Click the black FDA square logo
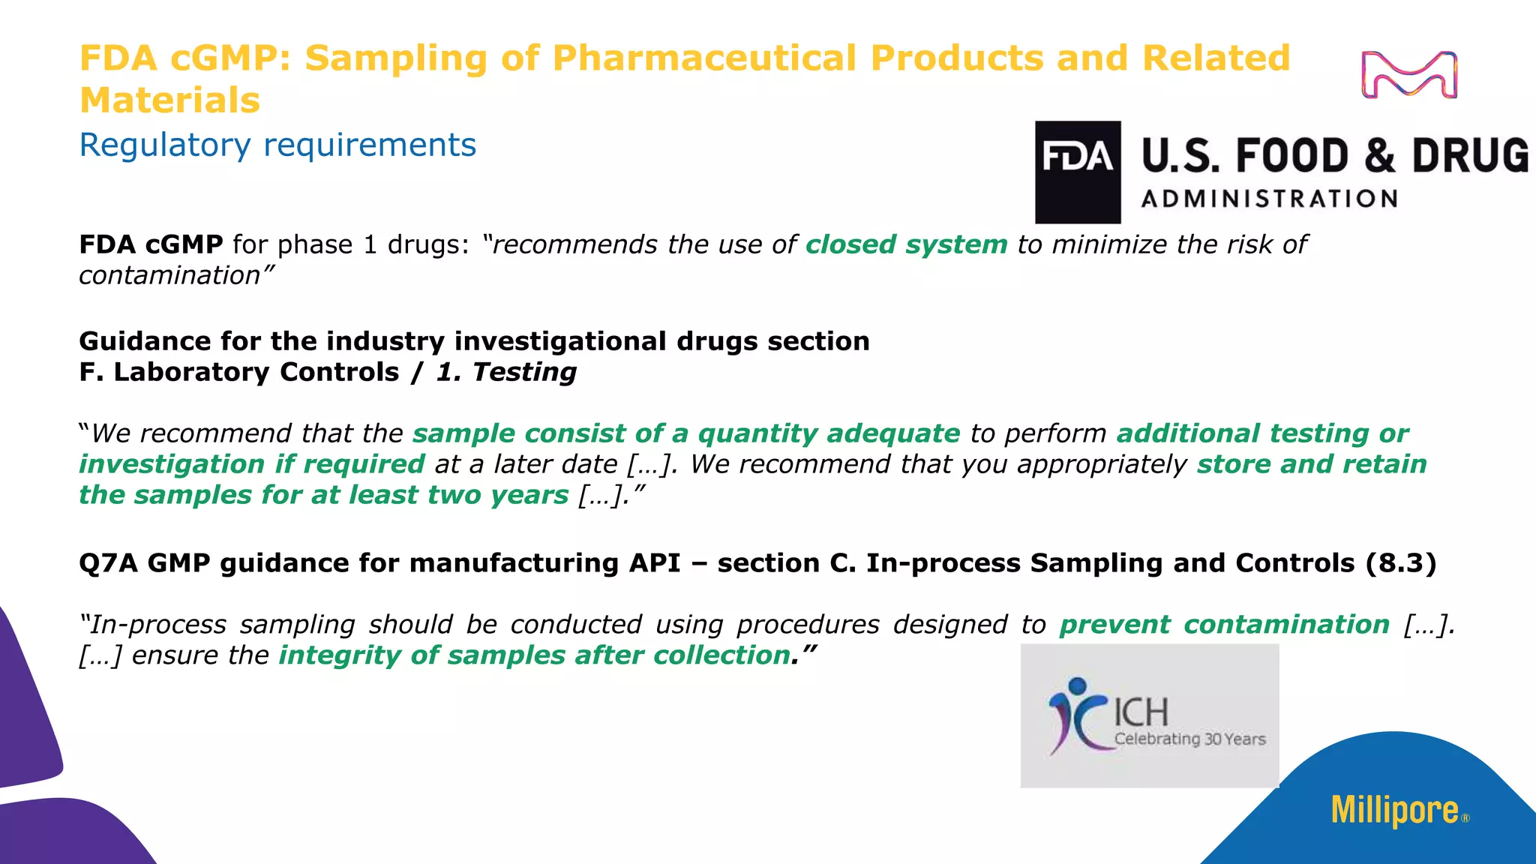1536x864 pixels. pyautogui.click(x=1078, y=172)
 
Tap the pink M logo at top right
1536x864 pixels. pyautogui.click(x=1409, y=75)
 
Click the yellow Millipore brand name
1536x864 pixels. pyautogui.click(x=1394, y=811)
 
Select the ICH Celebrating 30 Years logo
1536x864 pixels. pyautogui.click(x=1150, y=715)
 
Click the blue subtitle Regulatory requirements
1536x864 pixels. pyautogui.click(x=277, y=145)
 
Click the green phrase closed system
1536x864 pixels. pyautogui.click(x=906, y=244)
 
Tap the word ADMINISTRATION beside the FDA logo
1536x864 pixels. pyautogui.click(x=1269, y=199)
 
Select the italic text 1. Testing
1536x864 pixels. pyautogui.click(x=506, y=372)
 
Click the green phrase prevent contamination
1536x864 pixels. pyautogui.click(x=1224, y=624)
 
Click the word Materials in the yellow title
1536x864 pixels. pyautogui.click(x=169, y=100)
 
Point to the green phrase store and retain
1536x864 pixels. pyautogui.click(x=1311, y=464)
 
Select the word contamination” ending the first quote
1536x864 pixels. pyautogui.click(x=176, y=276)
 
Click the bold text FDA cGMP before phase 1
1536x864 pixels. pyautogui.click(x=151, y=244)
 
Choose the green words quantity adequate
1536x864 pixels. pyautogui.click(x=828, y=433)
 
